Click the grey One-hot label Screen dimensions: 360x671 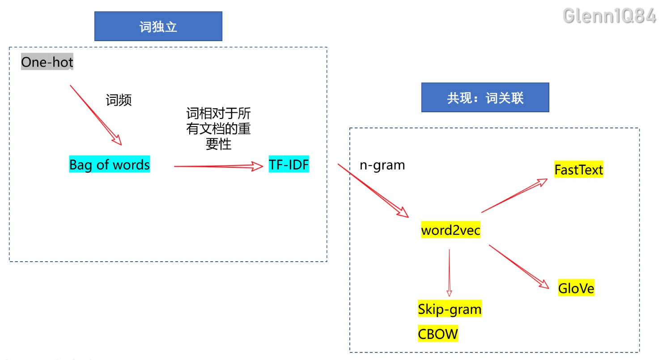tap(47, 62)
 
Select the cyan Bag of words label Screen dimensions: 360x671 tap(110, 165)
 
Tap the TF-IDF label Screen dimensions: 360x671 tap(289, 165)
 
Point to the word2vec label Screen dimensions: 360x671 tap(450, 230)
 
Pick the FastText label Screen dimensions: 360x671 tap(578, 169)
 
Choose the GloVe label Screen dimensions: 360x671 tap(576, 288)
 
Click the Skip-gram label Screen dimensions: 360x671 tap(450, 309)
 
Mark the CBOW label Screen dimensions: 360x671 tap(438, 334)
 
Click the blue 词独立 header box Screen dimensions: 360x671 tap(158, 26)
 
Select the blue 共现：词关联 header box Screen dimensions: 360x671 tap(485, 97)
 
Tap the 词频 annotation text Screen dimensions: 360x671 tap(119, 100)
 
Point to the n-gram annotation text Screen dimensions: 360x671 tap(382, 165)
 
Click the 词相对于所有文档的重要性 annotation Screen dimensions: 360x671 tap(218, 128)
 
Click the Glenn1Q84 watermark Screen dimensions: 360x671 tap(609, 16)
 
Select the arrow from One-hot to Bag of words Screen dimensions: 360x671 tap(95, 114)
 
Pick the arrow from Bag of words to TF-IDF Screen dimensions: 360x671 tap(218, 166)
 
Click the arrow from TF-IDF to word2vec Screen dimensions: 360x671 tap(373, 191)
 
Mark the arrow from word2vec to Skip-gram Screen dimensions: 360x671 tap(449, 273)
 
